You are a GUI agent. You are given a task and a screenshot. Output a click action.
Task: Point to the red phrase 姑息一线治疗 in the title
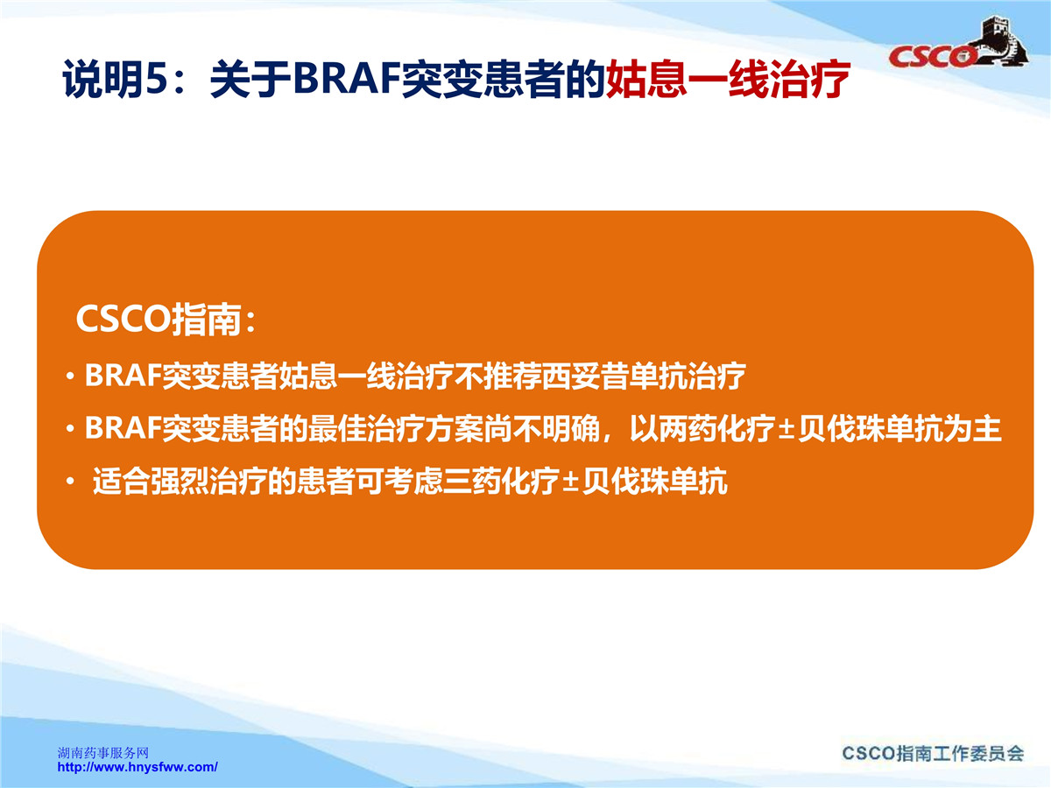coord(728,79)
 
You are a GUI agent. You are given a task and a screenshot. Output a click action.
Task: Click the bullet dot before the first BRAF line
coord(70,377)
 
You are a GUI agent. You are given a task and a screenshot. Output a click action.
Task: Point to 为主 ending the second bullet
coord(972,428)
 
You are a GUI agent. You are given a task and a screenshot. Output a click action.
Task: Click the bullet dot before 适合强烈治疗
coord(70,482)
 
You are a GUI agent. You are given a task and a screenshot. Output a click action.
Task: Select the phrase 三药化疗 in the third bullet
coord(501,481)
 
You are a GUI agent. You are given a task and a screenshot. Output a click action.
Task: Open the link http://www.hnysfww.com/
coord(138,767)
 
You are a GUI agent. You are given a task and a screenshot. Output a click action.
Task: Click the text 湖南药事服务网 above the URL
coord(103,753)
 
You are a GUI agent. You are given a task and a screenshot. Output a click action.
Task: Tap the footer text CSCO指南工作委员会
coord(933,754)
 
